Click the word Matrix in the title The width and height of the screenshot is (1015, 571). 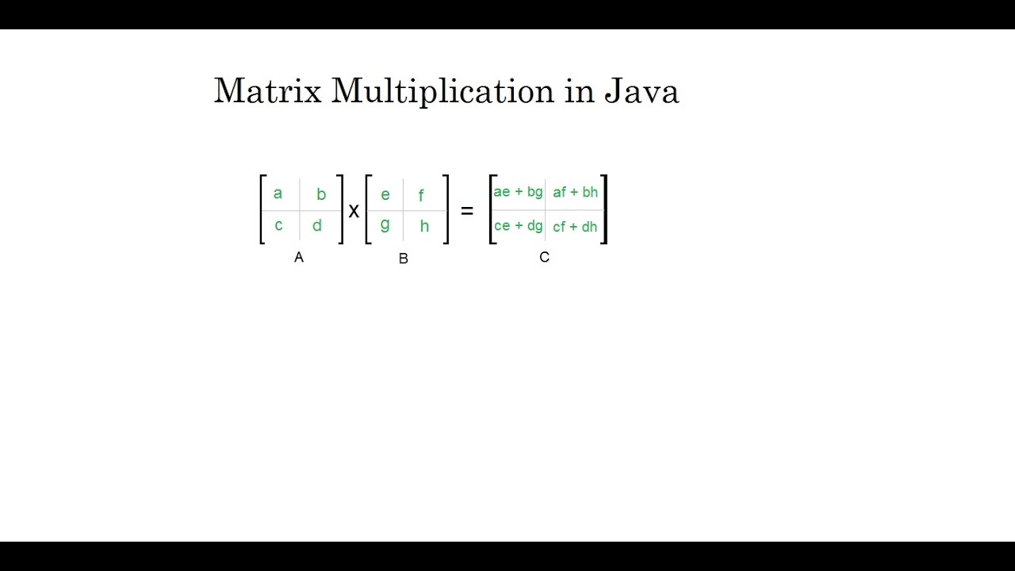click(x=267, y=91)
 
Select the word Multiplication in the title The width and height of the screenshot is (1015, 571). click(x=442, y=92)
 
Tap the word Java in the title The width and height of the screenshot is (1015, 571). click(x=642, y=91)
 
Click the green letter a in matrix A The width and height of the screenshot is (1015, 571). click(x=278, y=194)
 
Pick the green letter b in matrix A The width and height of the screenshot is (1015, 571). click(x=321, y=194)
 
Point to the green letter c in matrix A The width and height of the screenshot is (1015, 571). click(x=278, y=225)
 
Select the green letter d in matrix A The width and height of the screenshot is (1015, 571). click(x=317, y=226)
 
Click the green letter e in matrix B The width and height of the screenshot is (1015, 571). click(x=385, y=195)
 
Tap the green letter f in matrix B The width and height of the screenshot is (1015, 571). click(x=421, y=195)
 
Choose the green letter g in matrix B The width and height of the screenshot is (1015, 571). click(x=385, y=225)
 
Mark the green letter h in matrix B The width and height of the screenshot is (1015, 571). click(x=424, y=226)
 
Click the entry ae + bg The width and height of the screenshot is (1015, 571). click(x=518, y=192)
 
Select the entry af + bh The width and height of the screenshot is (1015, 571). click(x=576, y=192)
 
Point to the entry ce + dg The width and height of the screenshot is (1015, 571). click(x=518, y=226)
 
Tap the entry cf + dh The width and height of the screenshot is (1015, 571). click(x=575, y=227)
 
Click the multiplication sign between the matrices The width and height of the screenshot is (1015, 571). click(x=354, y=211)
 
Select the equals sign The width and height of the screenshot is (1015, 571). click(x=467, y=211)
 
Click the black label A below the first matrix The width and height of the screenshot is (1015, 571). click(x=299, y=257)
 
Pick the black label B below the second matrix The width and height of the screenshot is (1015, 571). click(x=404, y=259)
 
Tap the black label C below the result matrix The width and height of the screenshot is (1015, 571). click(x=544, y=257)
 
